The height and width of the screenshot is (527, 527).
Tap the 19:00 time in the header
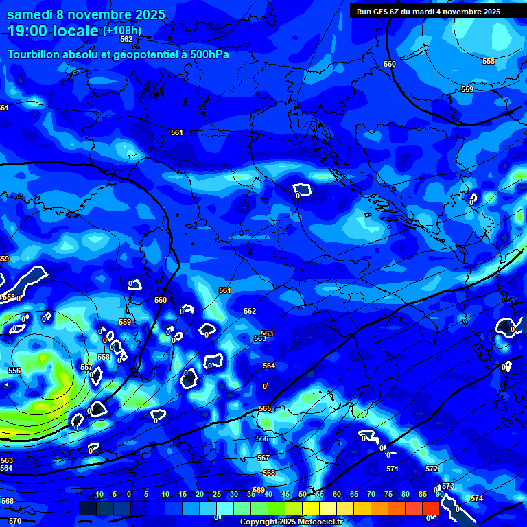click(x=29, y=31)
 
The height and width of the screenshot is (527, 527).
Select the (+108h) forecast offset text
click(x=122, y=31)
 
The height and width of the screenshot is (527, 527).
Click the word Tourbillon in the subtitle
click(x=36, y=54)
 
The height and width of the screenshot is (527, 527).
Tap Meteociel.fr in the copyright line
click(x=320, y=522)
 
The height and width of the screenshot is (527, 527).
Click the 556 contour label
click(x=14, y=371)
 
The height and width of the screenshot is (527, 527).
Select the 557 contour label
click(x=86, y=367)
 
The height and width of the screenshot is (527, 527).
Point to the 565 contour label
click(x=265, y=408)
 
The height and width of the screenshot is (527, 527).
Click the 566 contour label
click(x=262, y=438)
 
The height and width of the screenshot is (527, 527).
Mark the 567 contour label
click(x=263, y=458)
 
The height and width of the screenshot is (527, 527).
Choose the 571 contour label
click(x=392, y=469)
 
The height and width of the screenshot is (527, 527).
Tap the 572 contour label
click(x=432, y=469)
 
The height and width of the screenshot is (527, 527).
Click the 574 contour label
click(x=477, y=498)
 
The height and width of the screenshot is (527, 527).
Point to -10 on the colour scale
click(x=97, y=495)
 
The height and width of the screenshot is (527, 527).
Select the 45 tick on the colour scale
click(x=285, y=495)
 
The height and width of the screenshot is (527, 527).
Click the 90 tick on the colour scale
click(x=439, y=495)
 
